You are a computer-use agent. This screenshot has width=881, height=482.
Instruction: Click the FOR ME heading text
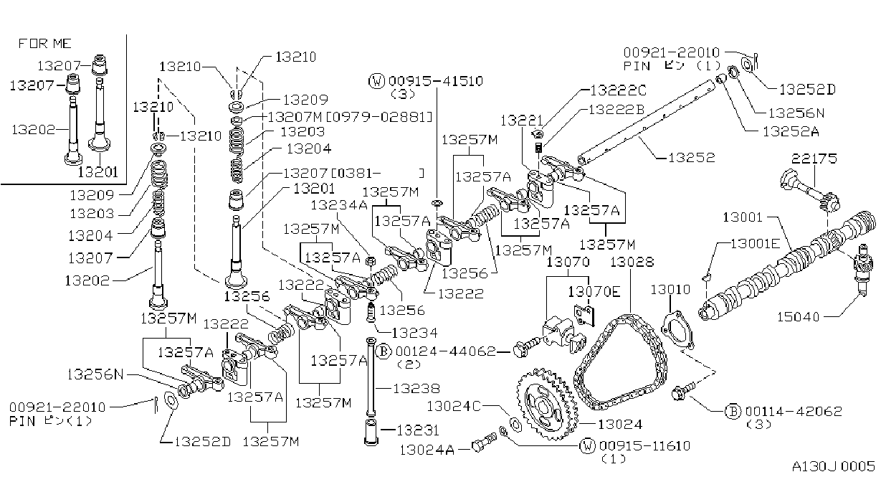45,43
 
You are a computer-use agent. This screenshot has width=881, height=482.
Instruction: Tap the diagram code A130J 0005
834,466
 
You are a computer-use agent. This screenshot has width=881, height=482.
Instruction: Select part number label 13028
632,262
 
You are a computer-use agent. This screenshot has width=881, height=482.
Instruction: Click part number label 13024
620,424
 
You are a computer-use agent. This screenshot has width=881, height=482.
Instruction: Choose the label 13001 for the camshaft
743,217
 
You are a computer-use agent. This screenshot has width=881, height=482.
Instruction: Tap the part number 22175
814,159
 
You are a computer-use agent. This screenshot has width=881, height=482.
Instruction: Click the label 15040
799,317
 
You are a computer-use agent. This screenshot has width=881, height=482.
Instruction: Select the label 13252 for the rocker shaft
692,157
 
